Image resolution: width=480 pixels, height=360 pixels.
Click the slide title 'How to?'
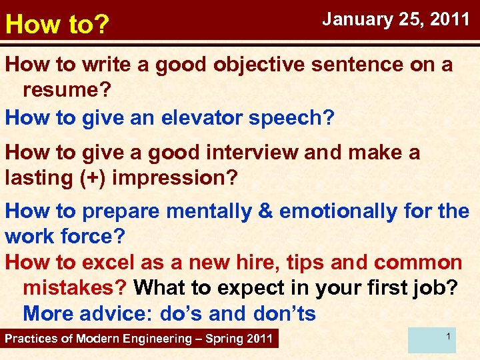(57, 25)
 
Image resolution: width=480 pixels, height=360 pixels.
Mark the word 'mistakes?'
(75, 288)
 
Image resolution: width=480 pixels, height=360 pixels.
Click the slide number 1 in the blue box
(449, 337)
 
